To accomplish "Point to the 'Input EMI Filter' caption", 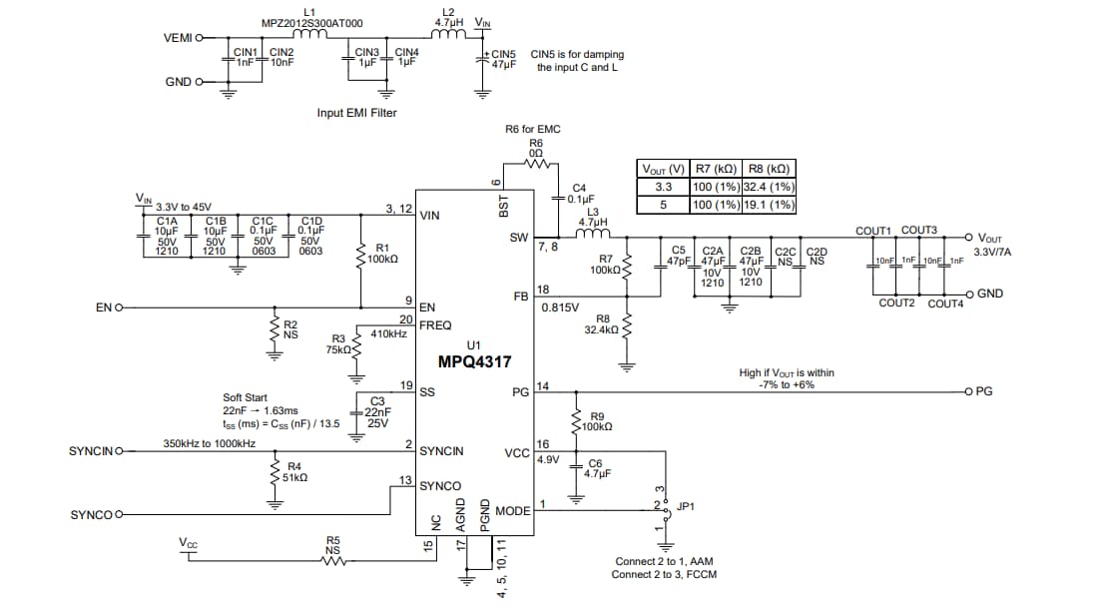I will (x=356, y=113).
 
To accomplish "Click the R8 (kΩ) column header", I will (x=770, y=169).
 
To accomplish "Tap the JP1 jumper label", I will (x=686, y=506).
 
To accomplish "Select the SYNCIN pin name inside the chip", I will (x=441, y=451).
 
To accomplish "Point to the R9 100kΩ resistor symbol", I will (x=576, y=420).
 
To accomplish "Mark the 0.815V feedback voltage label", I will (x=560, y=307).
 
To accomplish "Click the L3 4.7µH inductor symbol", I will (x=593, y=236).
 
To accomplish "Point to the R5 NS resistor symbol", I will (x=332, y=561).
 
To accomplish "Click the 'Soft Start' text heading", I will (x=245, y=397).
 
